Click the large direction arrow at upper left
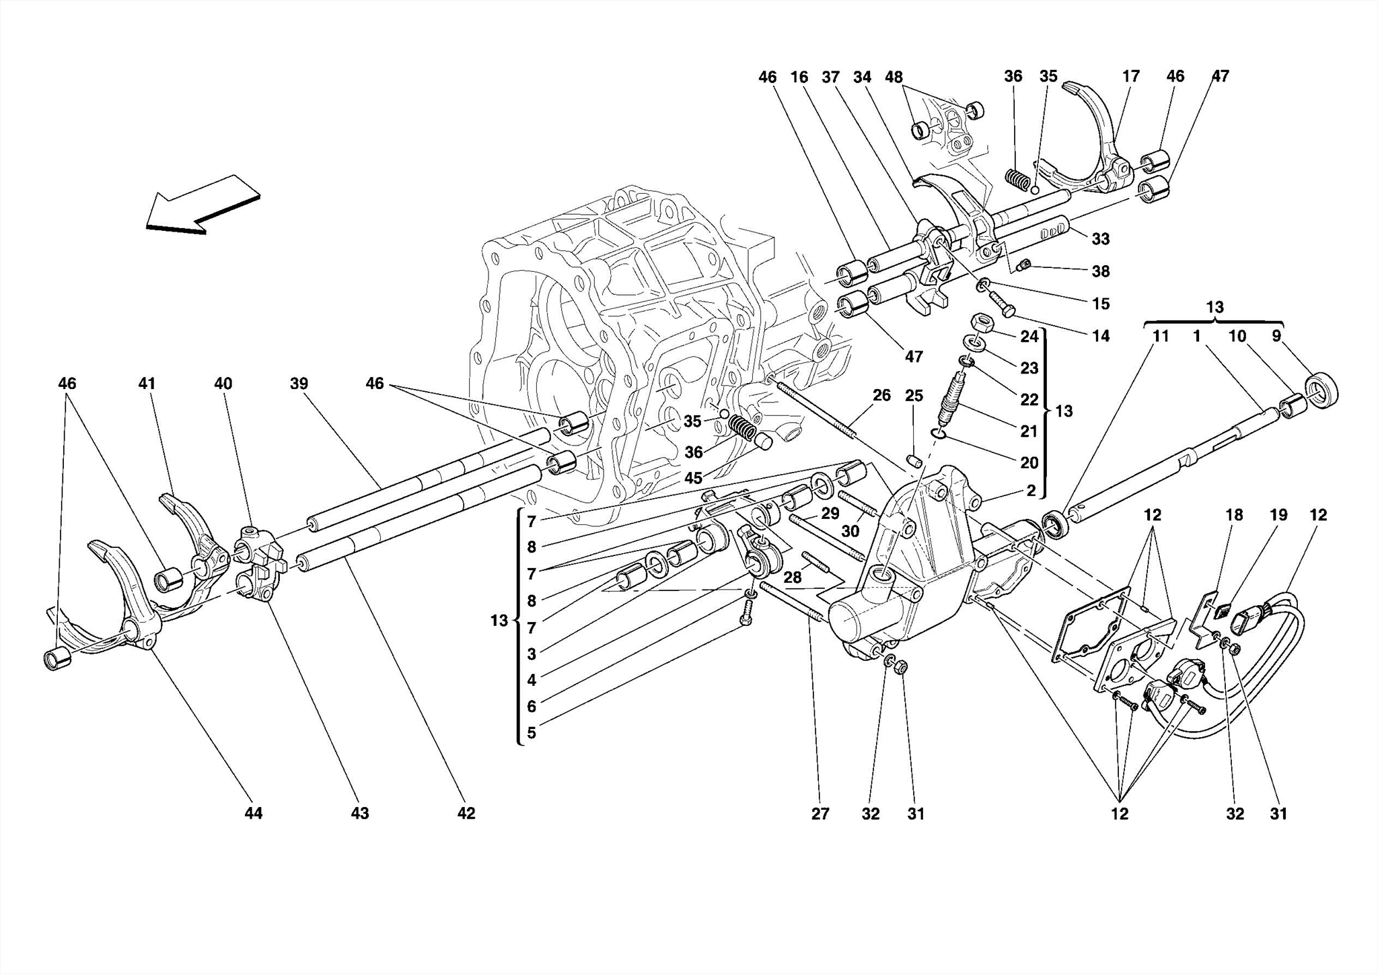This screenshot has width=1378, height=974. pyautogui.click(x=202, y=205)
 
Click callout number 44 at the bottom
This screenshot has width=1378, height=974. pyautogui.click(x=253, y=813)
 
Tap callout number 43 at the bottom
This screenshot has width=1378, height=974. pyautogui.click(x=360, y=813)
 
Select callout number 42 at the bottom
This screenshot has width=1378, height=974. pyautogui.click(x=466, y=813)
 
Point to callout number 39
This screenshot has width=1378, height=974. pyautogui.click(x=299, y=384)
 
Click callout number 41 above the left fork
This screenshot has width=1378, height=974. pyautogui.click(x=147, y=384)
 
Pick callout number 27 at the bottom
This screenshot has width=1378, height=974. pyautogui.click(x=820, y=814)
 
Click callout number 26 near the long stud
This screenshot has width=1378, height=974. pyautogui.click(x=881, y=395)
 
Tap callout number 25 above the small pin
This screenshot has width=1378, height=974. pyautogui.click(x=913, y=395)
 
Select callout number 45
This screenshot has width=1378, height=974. pyautogui.click(x=693, y=478)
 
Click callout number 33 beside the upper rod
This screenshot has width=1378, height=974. pyautogui.click(x=1101, y=239)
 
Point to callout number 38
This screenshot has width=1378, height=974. pyautogui.click(x=1101, y=271)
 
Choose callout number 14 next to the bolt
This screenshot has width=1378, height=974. pyautogui.click(x=1101, y=336)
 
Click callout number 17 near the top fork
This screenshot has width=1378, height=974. pyautogui.click(x=1131, y=76)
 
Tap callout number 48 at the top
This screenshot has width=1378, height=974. pyautogui.click(x=894, y=77)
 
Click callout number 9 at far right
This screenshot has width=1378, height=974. pyautogui.click(x=1276, y=336)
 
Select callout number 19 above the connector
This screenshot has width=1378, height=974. pyautogui.click(x=1278, y=515)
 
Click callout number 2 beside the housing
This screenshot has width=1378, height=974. pyautogui.click(x=1031, y=491)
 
